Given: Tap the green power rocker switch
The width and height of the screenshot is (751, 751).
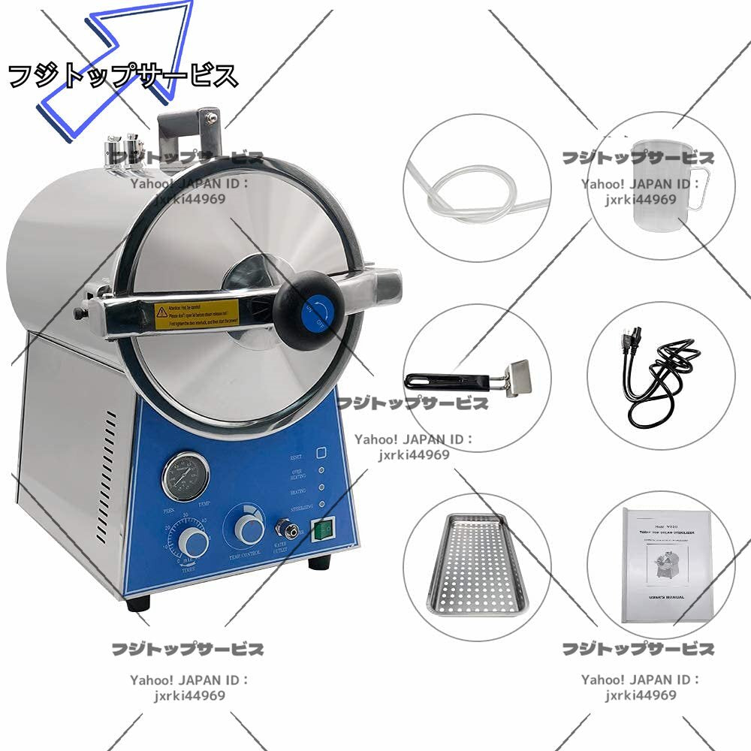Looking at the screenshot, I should point(324,530).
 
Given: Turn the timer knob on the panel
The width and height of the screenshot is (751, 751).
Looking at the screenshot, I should point(193,541).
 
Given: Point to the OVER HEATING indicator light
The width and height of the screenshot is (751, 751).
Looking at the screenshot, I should point(321,472).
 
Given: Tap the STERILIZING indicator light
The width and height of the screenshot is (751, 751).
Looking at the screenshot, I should point(321,505).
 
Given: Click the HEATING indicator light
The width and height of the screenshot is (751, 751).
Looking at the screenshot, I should point(321,488).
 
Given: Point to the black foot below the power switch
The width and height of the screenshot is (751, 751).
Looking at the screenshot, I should point(319,562).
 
